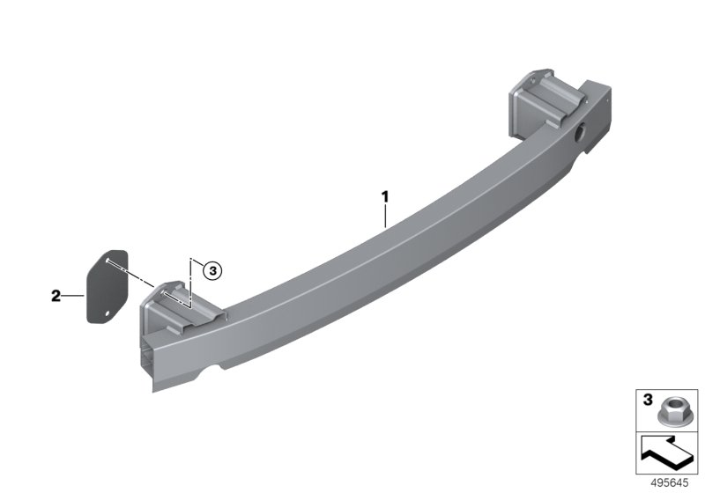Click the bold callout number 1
click(385, 196)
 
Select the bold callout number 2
click(56, 296)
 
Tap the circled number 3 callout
click(212, 271)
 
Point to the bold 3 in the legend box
click(648, 400)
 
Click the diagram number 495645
click(669, 483)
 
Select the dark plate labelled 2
click(107, 286)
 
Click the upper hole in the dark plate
click(107, 260)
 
